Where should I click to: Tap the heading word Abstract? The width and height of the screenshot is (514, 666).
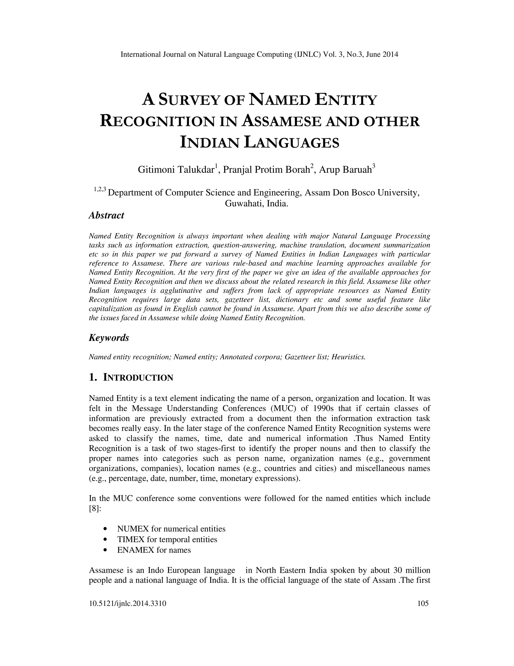pos(106,215)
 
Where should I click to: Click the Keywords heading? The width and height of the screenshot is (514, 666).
pos(109,338)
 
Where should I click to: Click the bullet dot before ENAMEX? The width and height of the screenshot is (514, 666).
pos(105,550)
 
